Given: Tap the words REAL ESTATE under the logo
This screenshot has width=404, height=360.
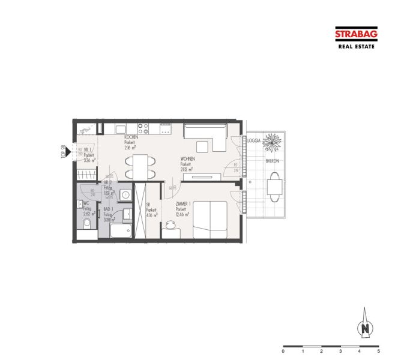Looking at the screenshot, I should pyautogui.click(x=356, y=46).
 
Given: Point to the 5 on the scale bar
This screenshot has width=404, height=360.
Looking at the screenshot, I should pyautogui.click(x=378, y=351).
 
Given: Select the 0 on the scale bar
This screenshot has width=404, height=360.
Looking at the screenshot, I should pyautogui.click(x=283, y=351).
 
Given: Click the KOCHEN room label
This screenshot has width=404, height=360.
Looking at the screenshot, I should pyautogui.click(x=131, y=137).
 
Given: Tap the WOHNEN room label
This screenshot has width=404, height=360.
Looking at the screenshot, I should pyautogui.click(x=187, y=159).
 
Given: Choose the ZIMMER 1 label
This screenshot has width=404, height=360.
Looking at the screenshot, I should pyautogui.click(x=184, y=205).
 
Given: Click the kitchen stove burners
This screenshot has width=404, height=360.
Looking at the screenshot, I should pyautogui.click(x=143, y=128).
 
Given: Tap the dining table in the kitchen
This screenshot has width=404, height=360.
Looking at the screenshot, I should pyautogui.click(x=139, y=166).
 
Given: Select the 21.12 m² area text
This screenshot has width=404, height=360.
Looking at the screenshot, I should pyautogui.click(x=186, y=170).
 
